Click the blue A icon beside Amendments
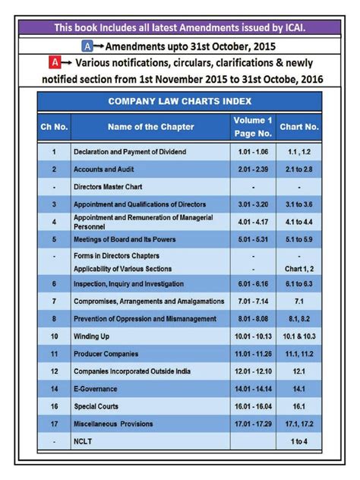point(87,46)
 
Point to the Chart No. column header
point(299,127)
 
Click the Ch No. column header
point(53,127)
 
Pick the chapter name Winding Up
point(92,336)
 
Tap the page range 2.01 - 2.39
point(253,169)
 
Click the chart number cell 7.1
point(299,301)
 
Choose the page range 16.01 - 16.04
point(253,406)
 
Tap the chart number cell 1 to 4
point(299,441)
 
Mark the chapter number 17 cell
point(53,424)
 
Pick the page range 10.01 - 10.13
point(253,336)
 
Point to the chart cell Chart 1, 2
point(299,269)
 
